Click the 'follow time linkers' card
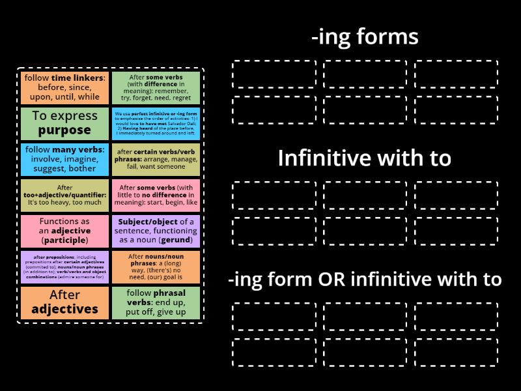click(x=64, y=87)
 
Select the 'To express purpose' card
click(x=64, y=123)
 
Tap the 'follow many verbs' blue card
click(x=64, y=159)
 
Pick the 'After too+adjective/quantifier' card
click(x=64, y=195)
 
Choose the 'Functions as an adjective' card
click(x=64, y=231)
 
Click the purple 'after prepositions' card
click(x=64, y=267)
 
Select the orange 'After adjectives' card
click(x=64, y=302)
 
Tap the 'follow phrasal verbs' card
click(x=156, y=302)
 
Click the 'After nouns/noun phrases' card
click(x=156, y=267)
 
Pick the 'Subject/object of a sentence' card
click(x=156, y=231)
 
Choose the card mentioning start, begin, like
click(x=156, y=195)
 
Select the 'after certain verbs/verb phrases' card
click(x=156, y=159)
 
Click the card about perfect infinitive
click(x=156, y=123)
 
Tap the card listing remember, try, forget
click(x=156, y=87)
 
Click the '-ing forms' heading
click(x=365, y=37)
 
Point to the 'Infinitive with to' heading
click(x=365, y=158)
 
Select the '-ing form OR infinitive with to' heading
click(x=365, y=280)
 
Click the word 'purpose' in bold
click(x=64, y=130)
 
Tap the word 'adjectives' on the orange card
click(x=64, y=309)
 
